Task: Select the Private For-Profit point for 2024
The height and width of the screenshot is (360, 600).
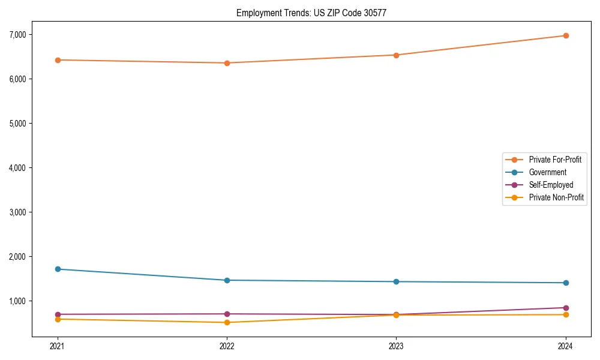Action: point(566,35)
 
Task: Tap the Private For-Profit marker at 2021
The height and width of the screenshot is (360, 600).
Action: point(58,60)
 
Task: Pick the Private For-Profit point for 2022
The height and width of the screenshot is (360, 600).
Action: point(227,63)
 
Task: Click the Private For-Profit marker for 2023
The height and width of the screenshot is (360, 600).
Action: point(396,55)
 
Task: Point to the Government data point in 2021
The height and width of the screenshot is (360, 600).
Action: point(58,269)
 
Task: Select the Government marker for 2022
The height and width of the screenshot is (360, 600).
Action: point(227,280)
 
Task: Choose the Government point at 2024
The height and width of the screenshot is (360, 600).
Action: point(566,283)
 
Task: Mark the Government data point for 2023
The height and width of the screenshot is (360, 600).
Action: point(396,281)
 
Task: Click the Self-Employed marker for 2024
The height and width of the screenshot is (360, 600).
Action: point(566,308)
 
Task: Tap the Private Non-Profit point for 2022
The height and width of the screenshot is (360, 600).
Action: point(227,322)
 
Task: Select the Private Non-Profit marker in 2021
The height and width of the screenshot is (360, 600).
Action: point(58,319)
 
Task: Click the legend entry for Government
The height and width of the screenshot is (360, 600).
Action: point(547,172)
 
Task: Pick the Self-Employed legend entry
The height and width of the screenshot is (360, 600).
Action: point(551,185)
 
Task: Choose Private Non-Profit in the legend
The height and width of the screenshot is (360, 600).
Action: point(556,197)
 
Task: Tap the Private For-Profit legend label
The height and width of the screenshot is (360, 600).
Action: point(555,160)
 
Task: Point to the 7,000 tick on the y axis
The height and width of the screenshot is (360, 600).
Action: point(18,35)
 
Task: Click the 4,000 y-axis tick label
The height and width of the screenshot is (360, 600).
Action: point(18,168)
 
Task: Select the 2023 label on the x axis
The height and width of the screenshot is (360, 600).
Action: point(396,346)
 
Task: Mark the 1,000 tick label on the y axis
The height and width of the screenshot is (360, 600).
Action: point(18,301)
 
